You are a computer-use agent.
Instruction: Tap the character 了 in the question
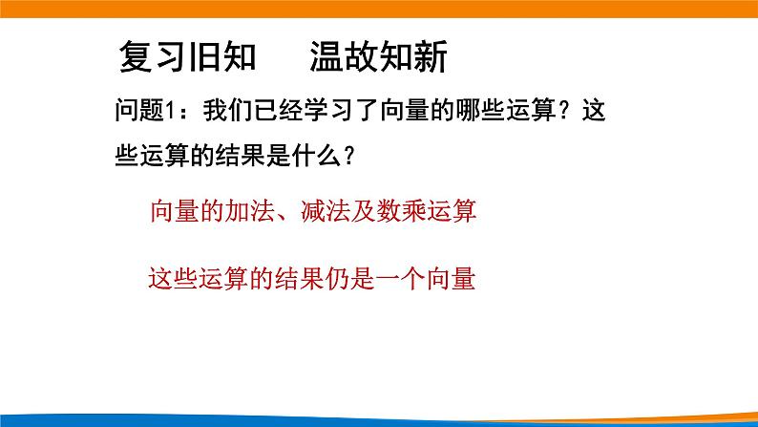(x=368, y=113)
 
